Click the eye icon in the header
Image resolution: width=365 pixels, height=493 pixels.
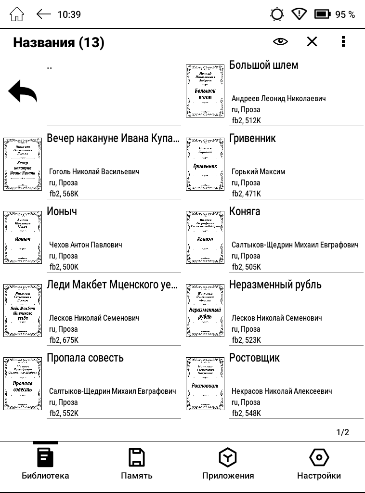coord(280,42)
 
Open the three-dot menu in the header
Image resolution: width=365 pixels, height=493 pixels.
coord(343,42)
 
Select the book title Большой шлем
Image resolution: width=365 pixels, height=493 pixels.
coord(263,65)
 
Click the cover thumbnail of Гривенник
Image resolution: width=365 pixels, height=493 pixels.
coord(205,164)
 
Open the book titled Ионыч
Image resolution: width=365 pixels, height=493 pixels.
coord(62,211)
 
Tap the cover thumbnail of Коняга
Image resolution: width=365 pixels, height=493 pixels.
coord(205,237)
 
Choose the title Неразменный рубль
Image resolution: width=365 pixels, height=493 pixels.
coord(275,285)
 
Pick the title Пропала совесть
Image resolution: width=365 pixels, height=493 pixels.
coord(85,358)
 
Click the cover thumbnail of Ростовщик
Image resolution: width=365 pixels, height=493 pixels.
coord(205,384)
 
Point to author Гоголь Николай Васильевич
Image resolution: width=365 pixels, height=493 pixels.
coord(94,172)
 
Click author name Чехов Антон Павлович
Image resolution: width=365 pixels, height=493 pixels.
coord(85,245)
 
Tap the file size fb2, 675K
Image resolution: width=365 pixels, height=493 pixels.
coord(64,340)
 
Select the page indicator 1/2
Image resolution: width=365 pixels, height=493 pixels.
coord(342,432)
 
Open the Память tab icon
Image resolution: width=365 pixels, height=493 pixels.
coord(136,457)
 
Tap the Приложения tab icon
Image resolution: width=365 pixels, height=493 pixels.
coord(227,457)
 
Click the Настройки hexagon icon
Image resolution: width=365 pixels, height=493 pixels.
coord(318,457)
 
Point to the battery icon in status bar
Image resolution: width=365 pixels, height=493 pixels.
coord(322,14)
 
